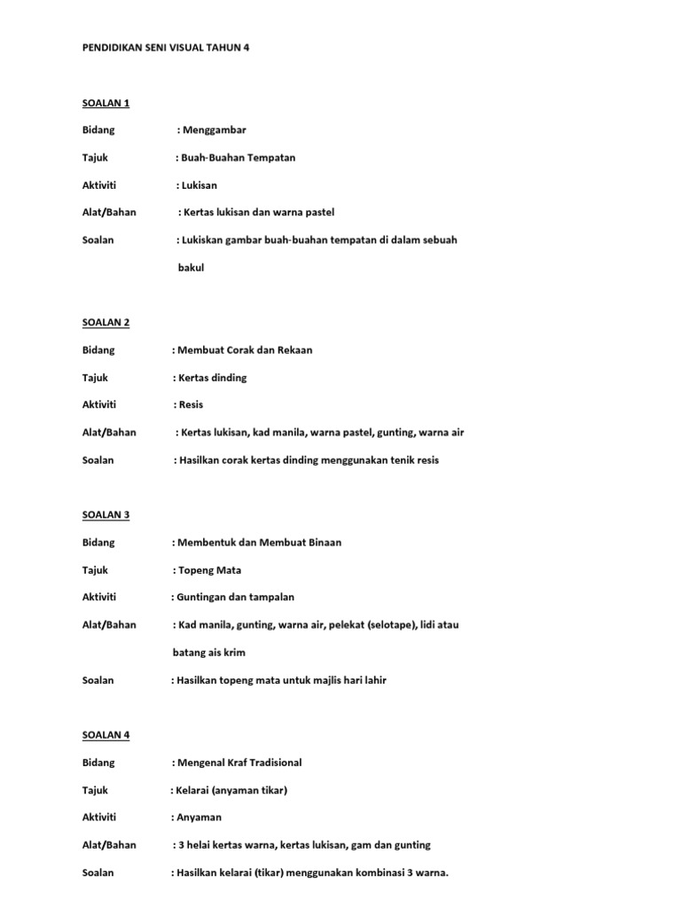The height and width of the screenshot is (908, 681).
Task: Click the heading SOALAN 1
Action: [106, 103]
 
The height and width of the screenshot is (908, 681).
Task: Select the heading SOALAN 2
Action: [106, 322]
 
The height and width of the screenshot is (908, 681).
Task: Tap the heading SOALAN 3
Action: [106, 514]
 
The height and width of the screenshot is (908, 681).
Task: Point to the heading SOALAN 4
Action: [106, 734]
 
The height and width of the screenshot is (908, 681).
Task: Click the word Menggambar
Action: [214, 130]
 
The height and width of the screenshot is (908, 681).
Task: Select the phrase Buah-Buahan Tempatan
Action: [238, 158]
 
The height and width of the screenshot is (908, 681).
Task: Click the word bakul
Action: [191, 268]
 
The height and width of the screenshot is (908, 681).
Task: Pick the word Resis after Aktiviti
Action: [191, 404]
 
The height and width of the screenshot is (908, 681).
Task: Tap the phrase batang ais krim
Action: [208, 653]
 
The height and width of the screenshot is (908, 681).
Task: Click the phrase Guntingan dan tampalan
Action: [231, 598]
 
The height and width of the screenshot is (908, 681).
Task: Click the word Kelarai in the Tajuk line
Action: [192, 790]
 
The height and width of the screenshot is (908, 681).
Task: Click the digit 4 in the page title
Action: [247, 48]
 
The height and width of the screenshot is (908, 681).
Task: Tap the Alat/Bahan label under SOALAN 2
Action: [109, 433]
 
